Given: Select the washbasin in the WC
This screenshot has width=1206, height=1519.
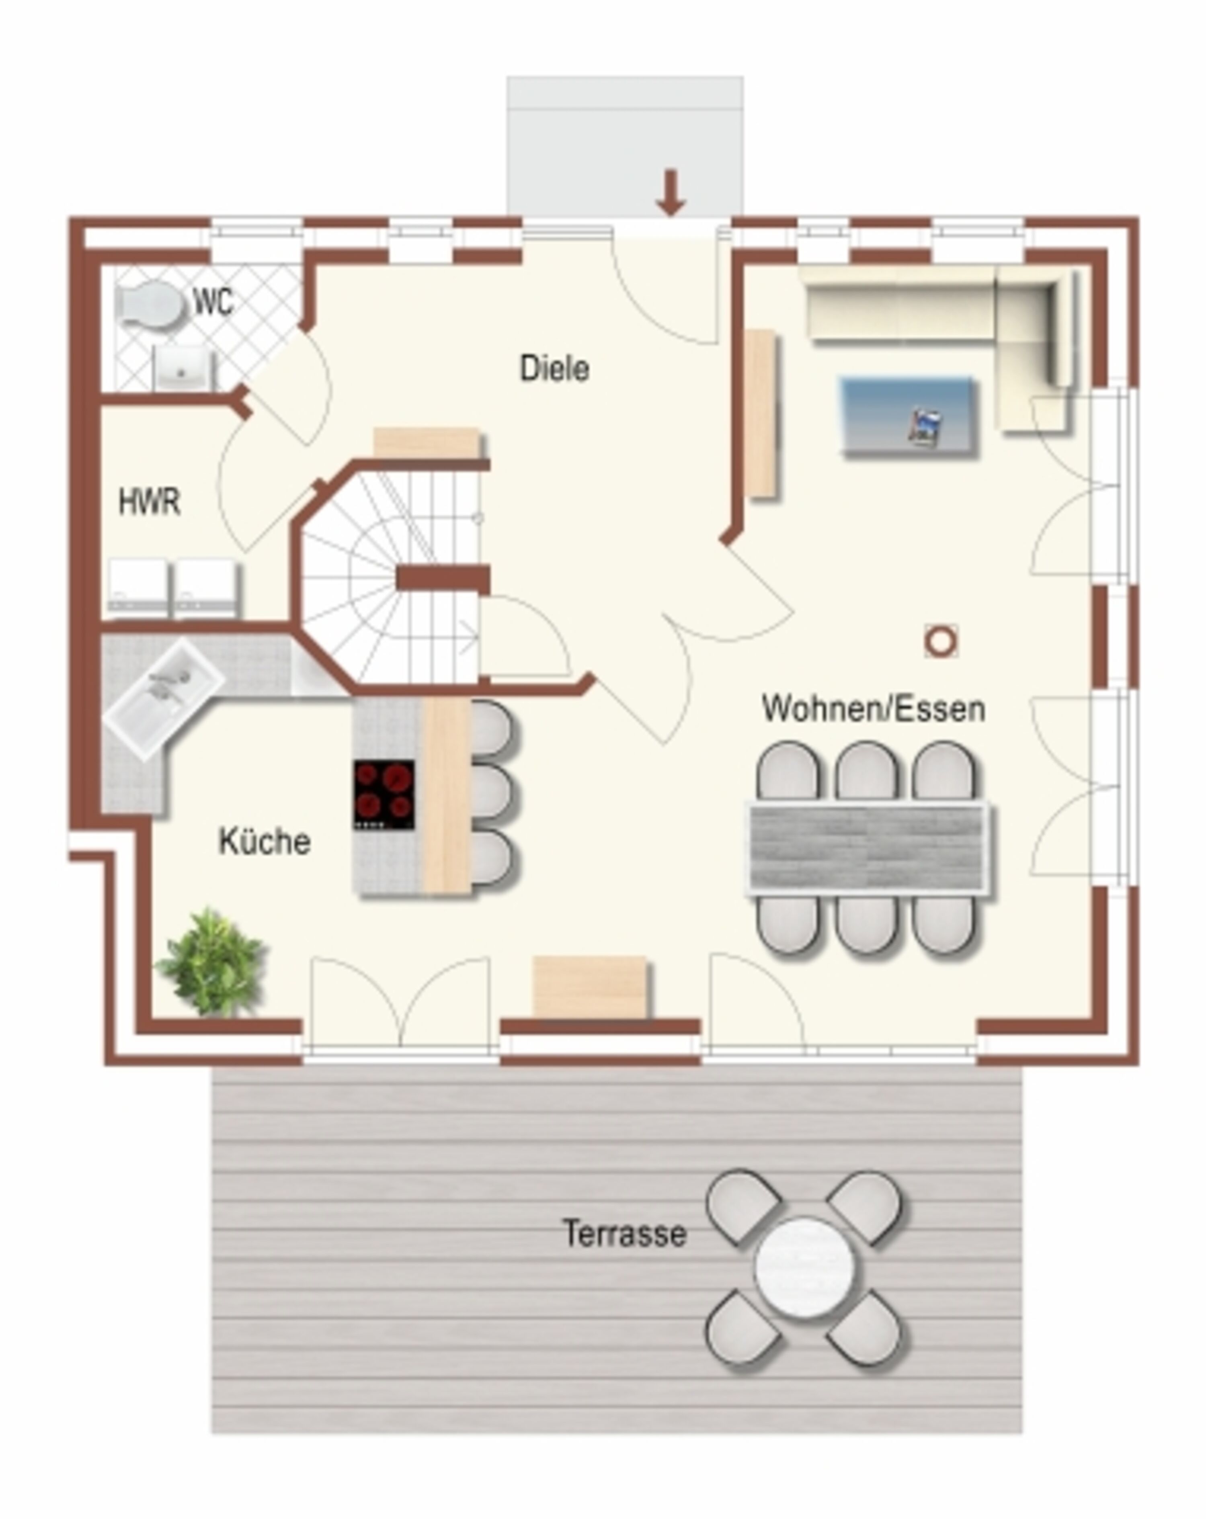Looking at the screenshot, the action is (182, 366).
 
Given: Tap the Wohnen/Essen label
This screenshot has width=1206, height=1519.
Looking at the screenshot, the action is (873, 708).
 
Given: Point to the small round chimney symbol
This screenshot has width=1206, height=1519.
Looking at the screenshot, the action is (940, 642).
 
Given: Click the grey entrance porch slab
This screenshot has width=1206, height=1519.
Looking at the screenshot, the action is (624, 147).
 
